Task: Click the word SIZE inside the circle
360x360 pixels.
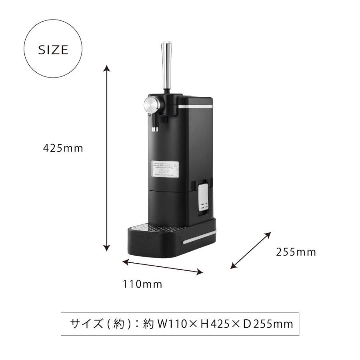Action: coord(53,50)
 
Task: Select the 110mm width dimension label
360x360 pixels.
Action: coord(142,284)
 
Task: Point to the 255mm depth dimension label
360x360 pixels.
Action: coord(296,252)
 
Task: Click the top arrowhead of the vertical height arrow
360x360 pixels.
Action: coord(106,68)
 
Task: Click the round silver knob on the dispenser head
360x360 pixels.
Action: coord(151,106)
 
